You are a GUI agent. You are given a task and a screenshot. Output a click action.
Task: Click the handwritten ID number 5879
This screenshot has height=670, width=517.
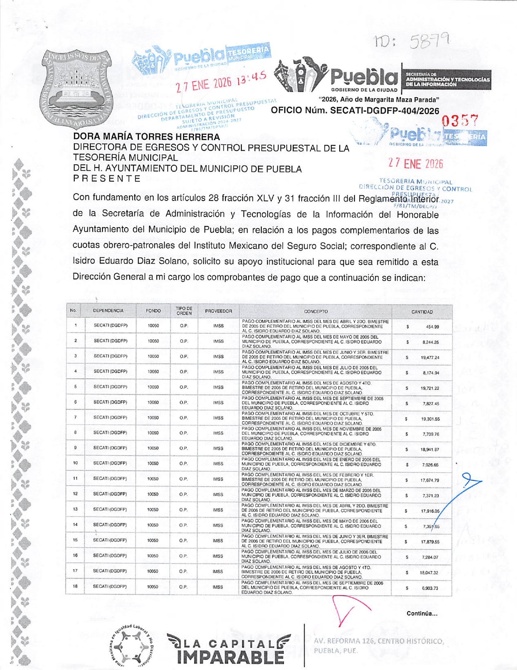click(x=430, y=41)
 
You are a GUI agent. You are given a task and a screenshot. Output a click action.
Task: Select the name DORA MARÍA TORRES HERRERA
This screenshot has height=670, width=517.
click(x=146, y=137)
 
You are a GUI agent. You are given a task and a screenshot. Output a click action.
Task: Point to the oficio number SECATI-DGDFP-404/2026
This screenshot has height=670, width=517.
click(x=384, y=111)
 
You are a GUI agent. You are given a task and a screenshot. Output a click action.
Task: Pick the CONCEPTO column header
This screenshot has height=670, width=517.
click(x=316, y=311)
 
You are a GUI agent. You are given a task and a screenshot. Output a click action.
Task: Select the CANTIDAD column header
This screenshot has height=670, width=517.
click(x=422, y=312)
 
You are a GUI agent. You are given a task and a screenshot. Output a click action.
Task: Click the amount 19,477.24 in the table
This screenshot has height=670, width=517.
click(x=430, y=357)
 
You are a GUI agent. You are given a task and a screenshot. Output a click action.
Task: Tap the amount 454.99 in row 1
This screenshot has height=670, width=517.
click(x=432, y=327)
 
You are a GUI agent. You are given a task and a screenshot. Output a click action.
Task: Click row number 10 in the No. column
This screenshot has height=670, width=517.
click(x=76, y=463)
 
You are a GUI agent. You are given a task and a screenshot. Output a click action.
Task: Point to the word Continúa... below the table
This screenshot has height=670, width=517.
click(x=422, y=613)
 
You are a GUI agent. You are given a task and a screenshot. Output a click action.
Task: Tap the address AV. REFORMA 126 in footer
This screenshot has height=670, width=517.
click(x=378, y=641)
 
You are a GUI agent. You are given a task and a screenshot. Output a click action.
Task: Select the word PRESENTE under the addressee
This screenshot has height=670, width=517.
click(x=107, y=179)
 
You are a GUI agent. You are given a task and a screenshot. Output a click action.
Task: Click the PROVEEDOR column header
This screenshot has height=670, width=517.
click(x=218, y=311)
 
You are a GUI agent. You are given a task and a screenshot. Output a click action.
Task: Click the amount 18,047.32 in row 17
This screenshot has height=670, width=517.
click(x=429, y=573)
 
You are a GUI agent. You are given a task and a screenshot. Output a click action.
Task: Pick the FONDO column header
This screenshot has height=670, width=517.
click(x=153, y=311)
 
